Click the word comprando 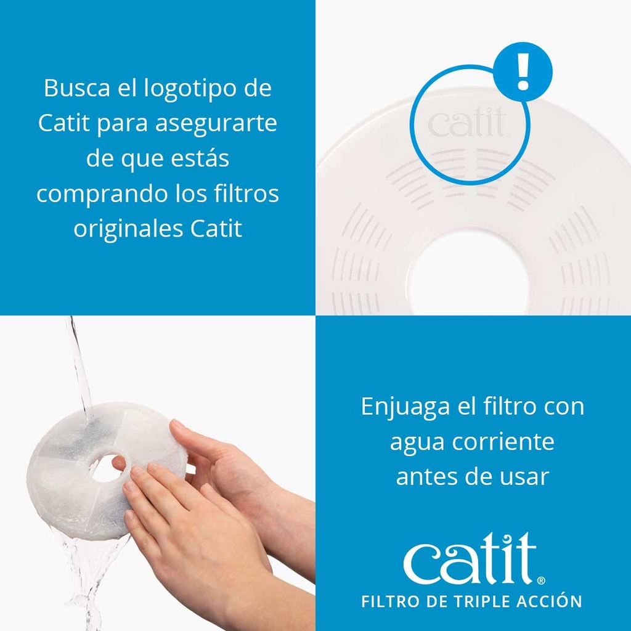(100, 194)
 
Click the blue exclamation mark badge (523, 71)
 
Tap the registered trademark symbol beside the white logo (541, 580)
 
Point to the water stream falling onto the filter (79, 364)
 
